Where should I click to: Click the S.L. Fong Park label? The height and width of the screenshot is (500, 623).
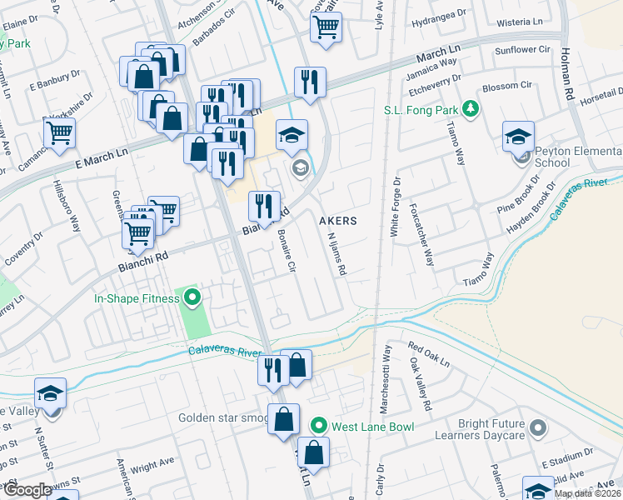[421, 110]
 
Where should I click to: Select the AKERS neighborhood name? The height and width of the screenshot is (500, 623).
[338, 221]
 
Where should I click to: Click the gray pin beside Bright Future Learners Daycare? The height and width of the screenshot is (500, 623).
[538, 428]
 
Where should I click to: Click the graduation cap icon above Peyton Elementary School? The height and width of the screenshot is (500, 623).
[518, 136]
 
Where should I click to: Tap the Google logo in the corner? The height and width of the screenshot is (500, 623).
[27, 490]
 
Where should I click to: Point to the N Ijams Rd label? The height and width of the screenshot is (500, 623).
[337, 253]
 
